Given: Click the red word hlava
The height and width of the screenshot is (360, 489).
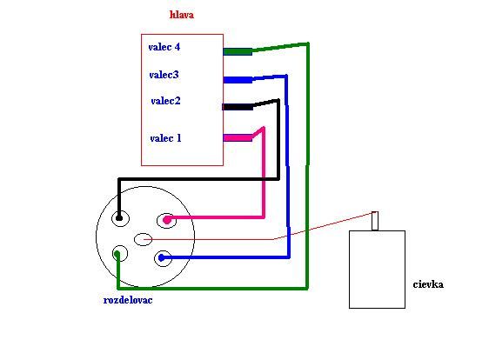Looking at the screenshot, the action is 182,15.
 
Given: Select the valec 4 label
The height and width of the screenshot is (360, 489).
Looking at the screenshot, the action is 164,47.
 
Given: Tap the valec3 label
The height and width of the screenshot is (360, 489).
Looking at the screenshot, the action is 164,75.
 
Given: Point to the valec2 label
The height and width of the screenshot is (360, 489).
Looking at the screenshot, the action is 165,101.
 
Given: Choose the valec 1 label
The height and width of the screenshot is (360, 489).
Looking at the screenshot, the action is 165,138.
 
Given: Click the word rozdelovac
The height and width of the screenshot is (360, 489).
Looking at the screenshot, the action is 128,300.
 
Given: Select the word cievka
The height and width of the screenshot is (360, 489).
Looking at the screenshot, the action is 428,284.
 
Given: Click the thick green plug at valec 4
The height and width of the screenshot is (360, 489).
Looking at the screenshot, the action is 238,52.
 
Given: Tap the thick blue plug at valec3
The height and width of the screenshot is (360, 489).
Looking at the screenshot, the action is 238,80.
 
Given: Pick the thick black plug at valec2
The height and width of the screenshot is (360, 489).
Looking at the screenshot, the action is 238,107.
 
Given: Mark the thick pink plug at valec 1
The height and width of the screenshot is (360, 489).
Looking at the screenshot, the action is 238,137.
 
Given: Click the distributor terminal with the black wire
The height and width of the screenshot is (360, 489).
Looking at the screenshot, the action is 120,218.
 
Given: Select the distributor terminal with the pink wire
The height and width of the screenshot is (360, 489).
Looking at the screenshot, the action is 166,221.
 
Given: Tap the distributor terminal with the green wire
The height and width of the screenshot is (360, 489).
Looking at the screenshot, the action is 120,253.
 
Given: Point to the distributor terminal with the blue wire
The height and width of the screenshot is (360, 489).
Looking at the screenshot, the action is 163,258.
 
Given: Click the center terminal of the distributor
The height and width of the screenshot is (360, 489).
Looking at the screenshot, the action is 144,239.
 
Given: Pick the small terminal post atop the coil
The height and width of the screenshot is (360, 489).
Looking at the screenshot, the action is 375,221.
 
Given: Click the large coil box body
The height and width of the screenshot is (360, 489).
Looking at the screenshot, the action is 377,270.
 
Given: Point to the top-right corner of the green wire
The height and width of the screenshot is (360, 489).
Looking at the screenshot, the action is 308,43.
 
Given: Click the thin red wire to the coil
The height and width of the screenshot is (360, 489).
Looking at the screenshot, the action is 274,239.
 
